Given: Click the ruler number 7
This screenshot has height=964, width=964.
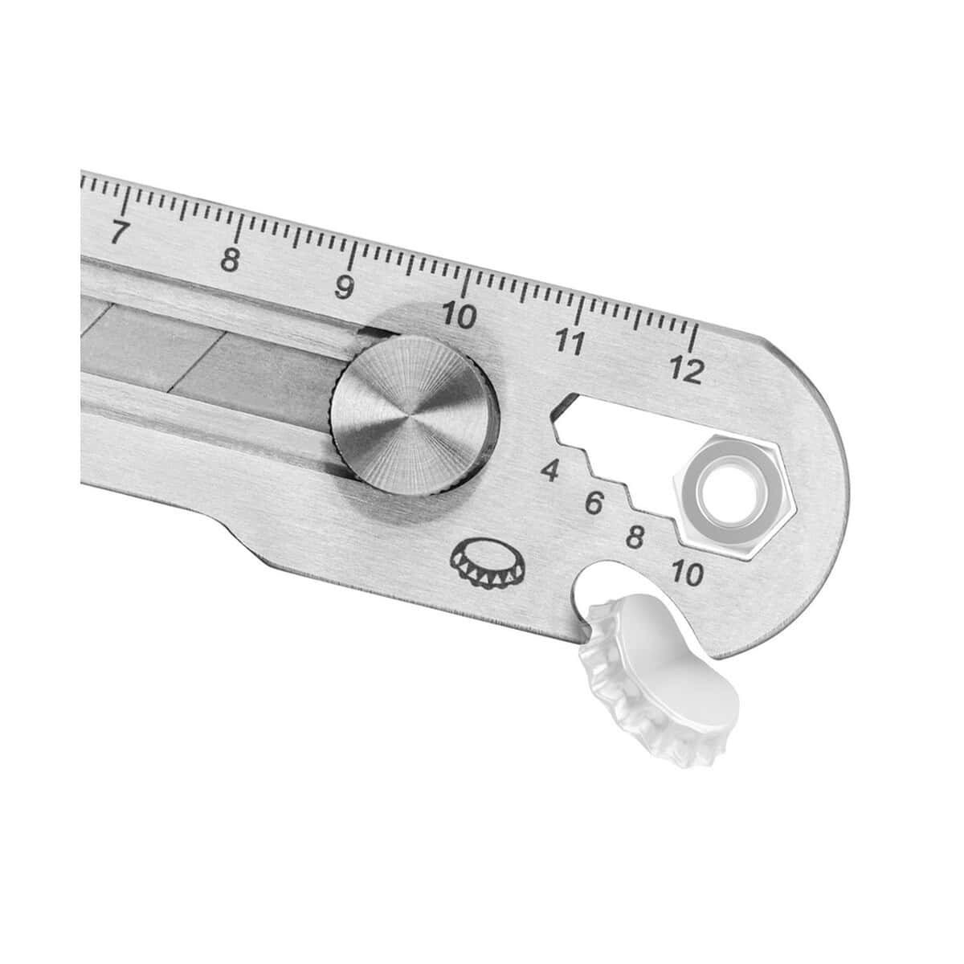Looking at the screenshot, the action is (120, 232).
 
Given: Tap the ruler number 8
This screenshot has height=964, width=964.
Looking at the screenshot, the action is (231, 259).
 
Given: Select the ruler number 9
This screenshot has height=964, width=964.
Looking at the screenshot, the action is (345, 287).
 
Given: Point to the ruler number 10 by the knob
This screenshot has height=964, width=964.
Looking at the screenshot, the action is (459, 316).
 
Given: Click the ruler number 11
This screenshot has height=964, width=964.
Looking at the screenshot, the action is (570, 343).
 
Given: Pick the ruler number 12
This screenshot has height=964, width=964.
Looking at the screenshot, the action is (687, 370).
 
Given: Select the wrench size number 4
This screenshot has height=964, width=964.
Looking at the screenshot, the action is (550, 472).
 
